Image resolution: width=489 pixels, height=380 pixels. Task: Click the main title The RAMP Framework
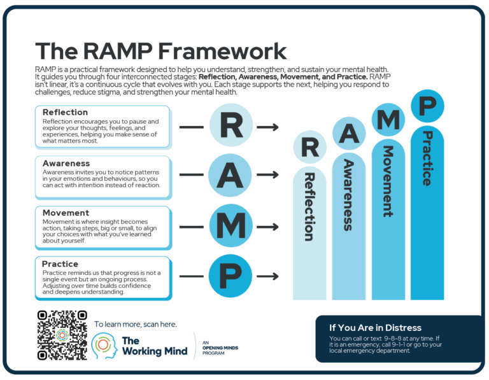point(160,50)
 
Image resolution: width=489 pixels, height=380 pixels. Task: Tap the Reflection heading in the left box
point(65,112)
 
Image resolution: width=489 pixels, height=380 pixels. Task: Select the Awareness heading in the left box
point(66,163)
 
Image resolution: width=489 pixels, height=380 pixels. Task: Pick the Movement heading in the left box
point(66,213)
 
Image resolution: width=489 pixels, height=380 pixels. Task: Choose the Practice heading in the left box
point(60,264)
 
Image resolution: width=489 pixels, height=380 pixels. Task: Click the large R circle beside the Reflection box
point(231,127)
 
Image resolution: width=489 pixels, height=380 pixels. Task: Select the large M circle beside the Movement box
point(231,225)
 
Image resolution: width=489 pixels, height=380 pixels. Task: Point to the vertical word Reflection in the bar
point(309,206)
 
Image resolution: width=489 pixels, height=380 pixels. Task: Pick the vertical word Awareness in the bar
point(348,194)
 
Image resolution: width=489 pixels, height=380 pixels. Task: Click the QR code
point(62,335)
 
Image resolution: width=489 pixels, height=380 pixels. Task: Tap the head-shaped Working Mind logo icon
point(103,345)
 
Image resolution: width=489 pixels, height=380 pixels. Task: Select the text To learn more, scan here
point(135,324)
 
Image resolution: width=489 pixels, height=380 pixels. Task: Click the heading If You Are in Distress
point(375,328)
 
